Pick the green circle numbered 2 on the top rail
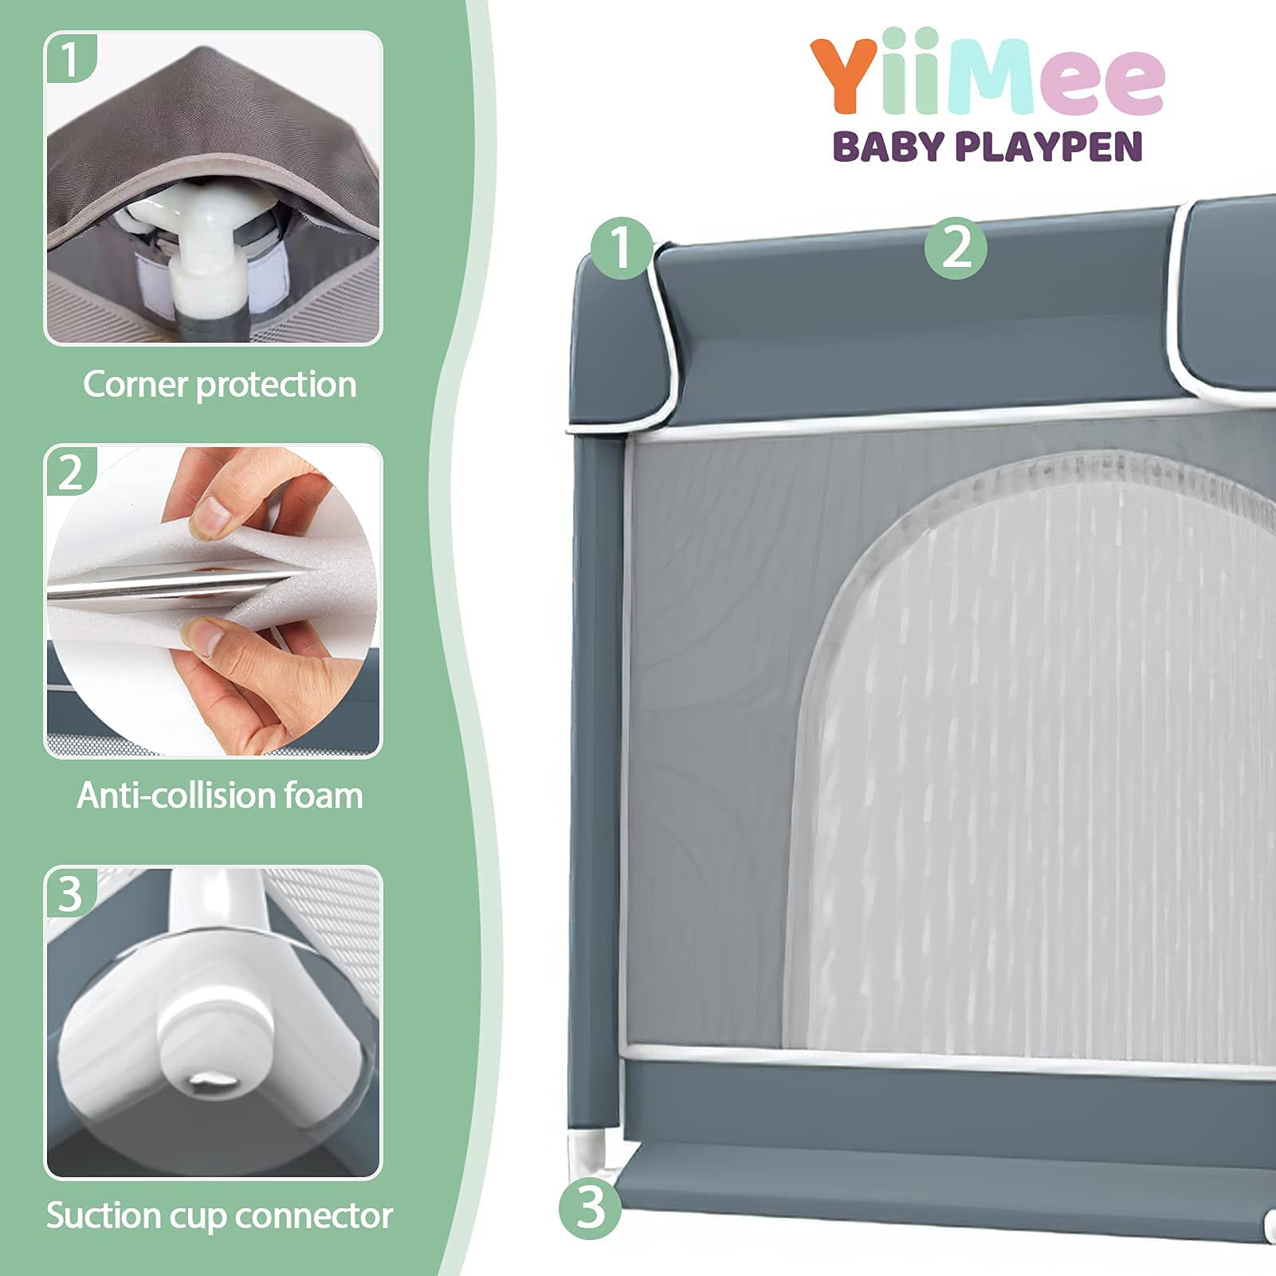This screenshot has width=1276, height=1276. tap(956, 248)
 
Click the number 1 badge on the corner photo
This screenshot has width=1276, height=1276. tap(71, 58)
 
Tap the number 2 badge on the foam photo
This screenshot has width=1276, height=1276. tap(71, 472)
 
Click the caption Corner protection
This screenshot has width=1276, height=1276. tap(219, 384)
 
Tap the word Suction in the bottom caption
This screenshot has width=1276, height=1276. tap(96, 1215)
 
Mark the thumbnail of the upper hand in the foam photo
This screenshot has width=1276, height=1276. tap(210, 517)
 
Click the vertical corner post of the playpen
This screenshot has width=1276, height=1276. tap(595, 781)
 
